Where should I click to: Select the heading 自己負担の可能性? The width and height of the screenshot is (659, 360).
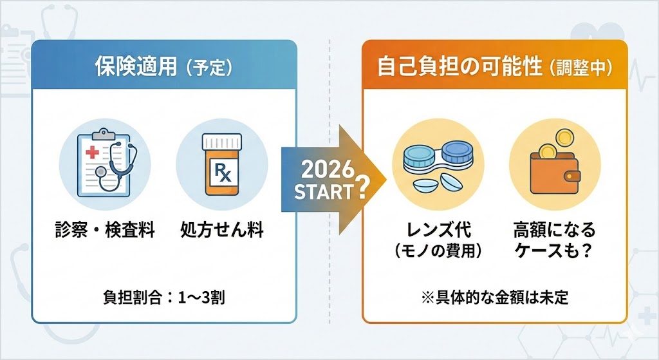(x=459, y=66)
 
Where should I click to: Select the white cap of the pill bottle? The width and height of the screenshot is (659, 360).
(x=221, y=142)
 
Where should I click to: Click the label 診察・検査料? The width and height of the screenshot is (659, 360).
(x=105, y=231)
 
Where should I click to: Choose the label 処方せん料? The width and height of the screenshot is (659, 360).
(x=222, y=231)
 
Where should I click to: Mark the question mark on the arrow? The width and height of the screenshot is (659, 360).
(x=362, y=188)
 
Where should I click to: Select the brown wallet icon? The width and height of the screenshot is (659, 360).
(x=552, y=174)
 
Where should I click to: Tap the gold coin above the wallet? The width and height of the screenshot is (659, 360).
(x=563, y=137)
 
